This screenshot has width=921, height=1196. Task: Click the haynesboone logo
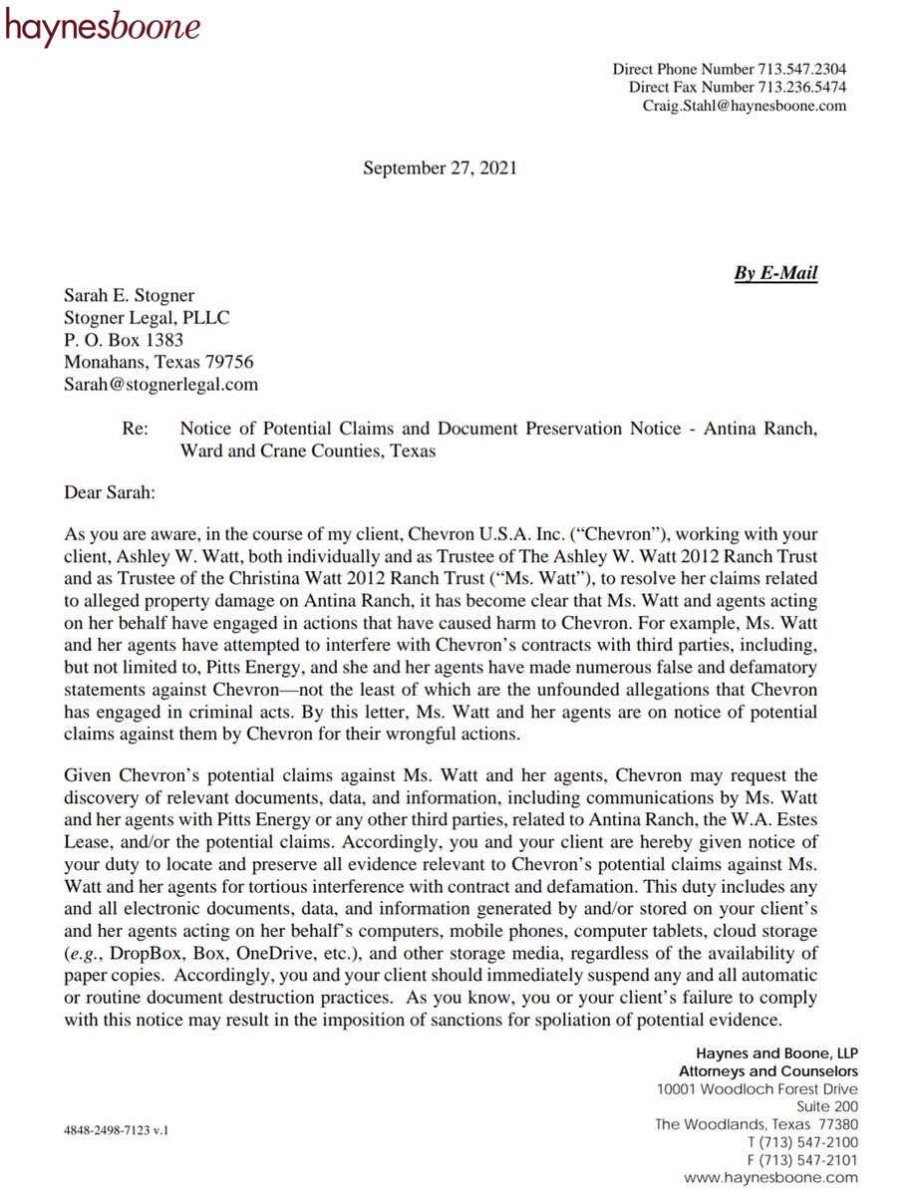pyautogui.click(x=103, y=27)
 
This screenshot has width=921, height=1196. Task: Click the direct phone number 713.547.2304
pyautogui.click(x=801, y=70)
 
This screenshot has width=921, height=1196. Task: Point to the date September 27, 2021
pyautogui.click(x=440, y=169)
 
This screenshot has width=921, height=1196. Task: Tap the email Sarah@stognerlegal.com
pyautogui.click(x=160, y=384)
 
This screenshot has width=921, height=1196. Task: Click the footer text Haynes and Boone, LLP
pyautogui.click(x=776, y=1053)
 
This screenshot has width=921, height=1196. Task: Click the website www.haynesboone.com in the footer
pyautogui.click(x=772, y=1178)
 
